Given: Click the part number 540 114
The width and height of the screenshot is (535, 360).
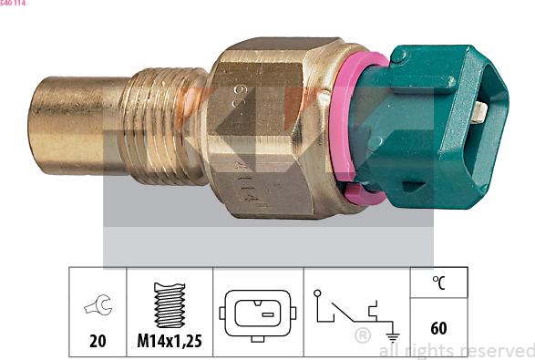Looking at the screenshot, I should [x=13, y=4].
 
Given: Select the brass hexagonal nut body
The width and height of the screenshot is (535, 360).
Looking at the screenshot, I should [x=273, y=128].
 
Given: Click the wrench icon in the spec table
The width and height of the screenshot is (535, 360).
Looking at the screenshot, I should [x=97, y=307].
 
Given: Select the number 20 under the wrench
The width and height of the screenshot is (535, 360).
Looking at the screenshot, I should [x=97, y=341].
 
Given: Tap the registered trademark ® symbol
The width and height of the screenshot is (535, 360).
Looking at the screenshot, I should [x=362, y=336].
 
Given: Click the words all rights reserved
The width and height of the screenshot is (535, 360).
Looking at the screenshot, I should [x=456, y=350].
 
